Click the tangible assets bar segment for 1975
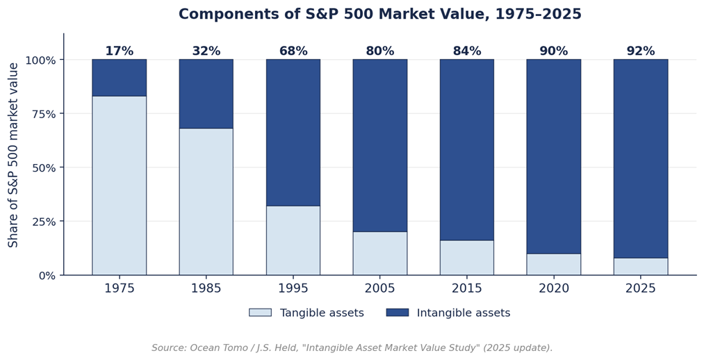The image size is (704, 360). (119, 186)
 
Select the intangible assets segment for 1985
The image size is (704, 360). (206, 94)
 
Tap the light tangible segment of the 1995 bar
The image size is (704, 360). (293, 240)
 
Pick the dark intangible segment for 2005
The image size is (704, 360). (380, 145)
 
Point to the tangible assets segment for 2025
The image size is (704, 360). (641, 266)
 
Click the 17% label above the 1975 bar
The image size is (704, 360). (119, 51)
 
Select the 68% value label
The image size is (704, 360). (293, 51)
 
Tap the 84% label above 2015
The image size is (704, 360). (467, 51)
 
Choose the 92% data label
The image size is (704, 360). (641, 51)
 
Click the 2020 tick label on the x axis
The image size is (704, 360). (554, 288)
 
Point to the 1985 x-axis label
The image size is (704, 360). (206, 288)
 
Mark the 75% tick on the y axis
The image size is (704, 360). (44, 113)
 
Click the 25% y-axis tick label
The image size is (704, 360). (44, 221)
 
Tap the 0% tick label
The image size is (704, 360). (47, 275)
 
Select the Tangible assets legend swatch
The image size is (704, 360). (261, 313)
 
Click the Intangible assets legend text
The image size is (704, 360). (464, 313)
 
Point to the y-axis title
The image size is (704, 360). (13, 155)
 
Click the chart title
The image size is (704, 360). (380, 14)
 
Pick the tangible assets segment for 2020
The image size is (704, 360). (554, 264)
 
